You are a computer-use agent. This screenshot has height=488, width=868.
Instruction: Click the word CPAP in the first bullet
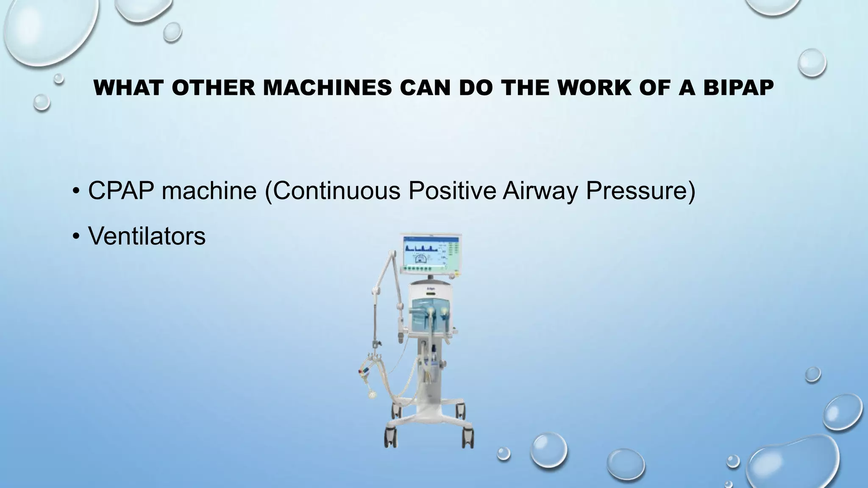coord(121,191)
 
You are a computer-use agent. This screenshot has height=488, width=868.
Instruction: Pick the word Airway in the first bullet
coord(540,191)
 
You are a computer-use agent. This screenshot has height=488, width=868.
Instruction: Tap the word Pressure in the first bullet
coord(636,191)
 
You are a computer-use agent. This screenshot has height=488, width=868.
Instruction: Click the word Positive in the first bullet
coord(452,191)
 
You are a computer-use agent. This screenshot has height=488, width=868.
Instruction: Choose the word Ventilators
coord(147,236)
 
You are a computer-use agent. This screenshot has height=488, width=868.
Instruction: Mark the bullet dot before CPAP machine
coord(75,191)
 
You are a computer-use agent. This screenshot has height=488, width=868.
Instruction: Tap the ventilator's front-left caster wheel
coord(390,436)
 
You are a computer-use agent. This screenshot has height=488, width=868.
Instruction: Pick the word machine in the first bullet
coord(209,191)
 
